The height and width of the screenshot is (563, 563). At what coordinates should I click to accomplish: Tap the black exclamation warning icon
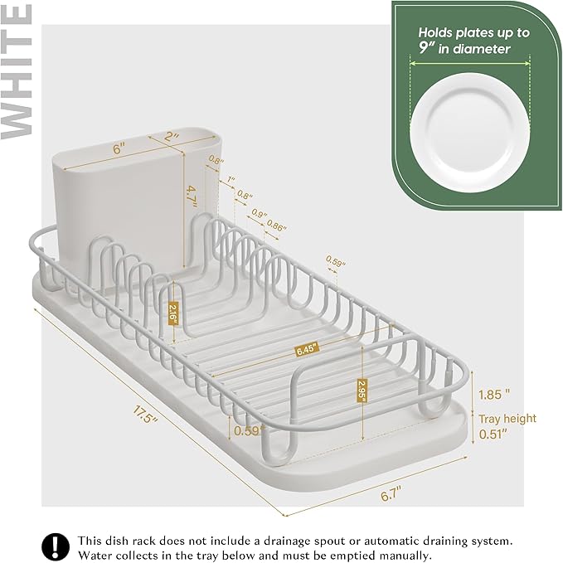pos(56,546)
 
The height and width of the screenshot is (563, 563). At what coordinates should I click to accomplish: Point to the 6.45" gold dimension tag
pos(307,350)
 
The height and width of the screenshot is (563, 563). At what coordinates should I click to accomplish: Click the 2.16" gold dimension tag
pos(173,314)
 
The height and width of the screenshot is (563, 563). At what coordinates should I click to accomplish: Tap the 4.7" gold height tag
pos(191,197)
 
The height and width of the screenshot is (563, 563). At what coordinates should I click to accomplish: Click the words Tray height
pos(507,419)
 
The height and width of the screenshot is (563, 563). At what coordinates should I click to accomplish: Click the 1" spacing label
pos(231,179)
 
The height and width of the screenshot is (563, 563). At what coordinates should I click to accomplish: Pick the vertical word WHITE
pos(18,70)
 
